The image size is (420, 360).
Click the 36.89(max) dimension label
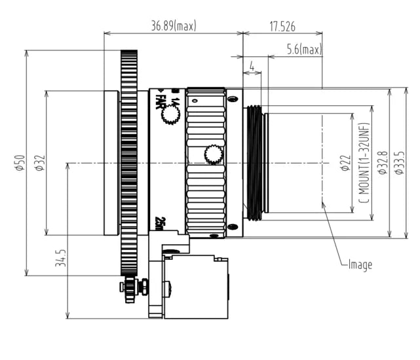(174, 26)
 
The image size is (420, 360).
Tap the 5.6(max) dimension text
(303, 50)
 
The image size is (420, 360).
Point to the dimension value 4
(252, 66)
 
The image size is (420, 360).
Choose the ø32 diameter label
(39, 163)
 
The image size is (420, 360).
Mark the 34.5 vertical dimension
(60, 259)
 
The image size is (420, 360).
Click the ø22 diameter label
(345, 164)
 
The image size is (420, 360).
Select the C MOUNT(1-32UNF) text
(364, 164)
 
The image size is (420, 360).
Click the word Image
(360, 264)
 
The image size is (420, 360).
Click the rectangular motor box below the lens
(195, 286)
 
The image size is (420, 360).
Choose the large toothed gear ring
(129, 164)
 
